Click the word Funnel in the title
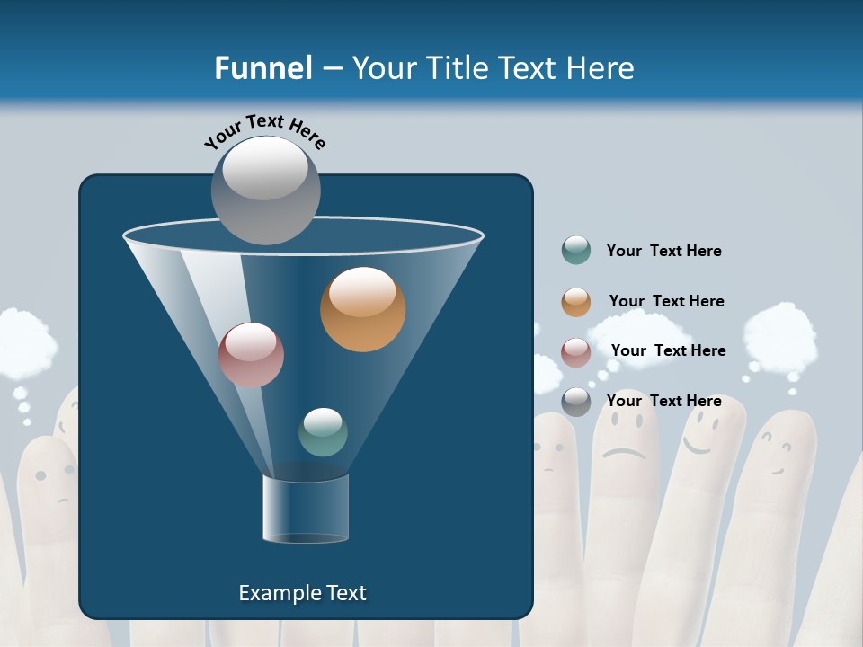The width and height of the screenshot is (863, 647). [x=262, y=68]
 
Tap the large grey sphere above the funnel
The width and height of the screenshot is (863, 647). [x=265, y=190]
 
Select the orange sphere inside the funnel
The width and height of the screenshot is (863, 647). [x=362, y=309]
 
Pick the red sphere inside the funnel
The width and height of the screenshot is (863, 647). [x=251, y=354]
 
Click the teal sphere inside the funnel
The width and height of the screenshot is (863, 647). [x=323, y=431]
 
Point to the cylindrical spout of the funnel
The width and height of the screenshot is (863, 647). [x=306, y=508]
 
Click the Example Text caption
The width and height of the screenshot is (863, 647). [x=302, y=593]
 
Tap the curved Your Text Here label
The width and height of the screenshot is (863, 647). [x=265, y=131]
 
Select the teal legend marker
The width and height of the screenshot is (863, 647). [x=576, y=250]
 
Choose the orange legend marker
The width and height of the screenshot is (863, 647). [x=576, y=302]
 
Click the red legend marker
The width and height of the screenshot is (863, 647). [x=576, y=352]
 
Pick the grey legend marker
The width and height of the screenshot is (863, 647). [x=576, y=402]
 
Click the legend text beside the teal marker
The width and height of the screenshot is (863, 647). [x=663, y=251]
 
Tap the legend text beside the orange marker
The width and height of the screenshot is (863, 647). [x=666, y=301]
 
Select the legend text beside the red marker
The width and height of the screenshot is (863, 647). [x=668, y=350]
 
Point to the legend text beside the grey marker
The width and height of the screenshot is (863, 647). [x=663, y=401]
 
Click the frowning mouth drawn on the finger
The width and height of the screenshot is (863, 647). [x=624, y=452]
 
